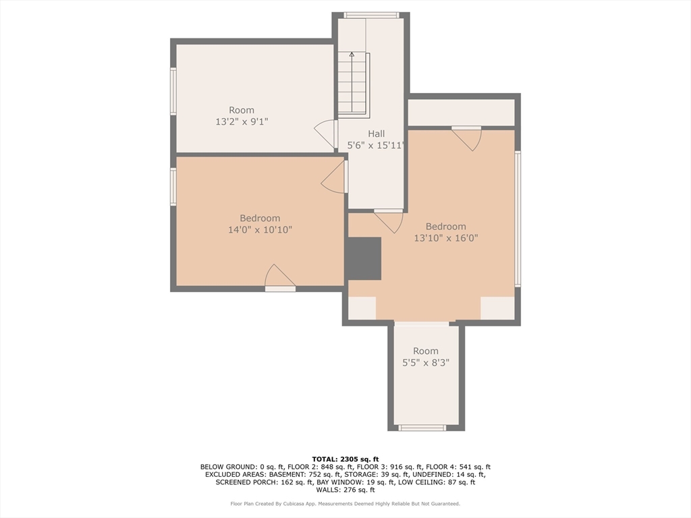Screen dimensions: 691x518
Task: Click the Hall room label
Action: click(377, 134)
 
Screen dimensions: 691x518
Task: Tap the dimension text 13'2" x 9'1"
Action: click(242, 121)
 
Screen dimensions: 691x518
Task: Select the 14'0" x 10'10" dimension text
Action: click(260, 229)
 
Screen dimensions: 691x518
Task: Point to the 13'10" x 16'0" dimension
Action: click(446, 238)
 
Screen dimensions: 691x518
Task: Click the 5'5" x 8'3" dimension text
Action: click(426, 363)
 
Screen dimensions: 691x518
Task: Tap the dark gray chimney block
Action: click(364, 258)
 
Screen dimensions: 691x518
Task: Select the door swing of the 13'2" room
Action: click(325, 134)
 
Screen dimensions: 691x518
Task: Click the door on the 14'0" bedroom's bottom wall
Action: click(280, 278)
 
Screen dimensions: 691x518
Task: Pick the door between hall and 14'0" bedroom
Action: click(335, 177)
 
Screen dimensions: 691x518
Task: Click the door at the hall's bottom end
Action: click(389, 221)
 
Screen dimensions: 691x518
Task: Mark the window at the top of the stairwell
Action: click(372, 15)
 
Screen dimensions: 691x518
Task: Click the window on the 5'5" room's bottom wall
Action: click(422, 427)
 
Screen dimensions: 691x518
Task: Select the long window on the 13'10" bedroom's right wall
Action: click(518, 219)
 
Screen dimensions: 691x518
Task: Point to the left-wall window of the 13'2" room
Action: click(173, 92)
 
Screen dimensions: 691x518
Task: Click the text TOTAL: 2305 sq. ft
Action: click(345, 459)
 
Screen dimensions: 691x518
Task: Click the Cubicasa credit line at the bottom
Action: click(345, 503)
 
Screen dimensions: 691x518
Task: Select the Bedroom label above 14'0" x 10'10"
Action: click(260, 218)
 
